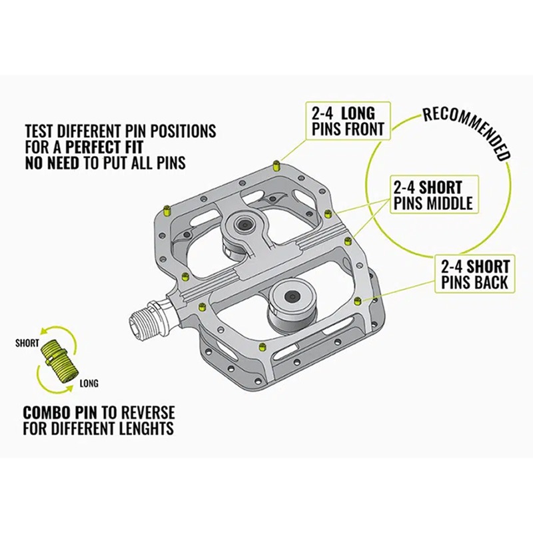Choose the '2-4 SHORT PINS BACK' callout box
click(x=474, y=274)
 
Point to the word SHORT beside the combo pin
click(x=26, y=344)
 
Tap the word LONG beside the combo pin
click(x=88, y=383)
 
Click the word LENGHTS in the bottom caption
click(x=139, y=428)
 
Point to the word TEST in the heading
click(x=39, y=131)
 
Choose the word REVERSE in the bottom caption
click(x=147, y=412)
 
